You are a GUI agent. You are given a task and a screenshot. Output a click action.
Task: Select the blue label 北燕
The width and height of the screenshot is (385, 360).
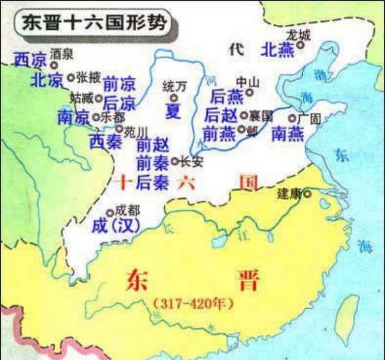click(278, 48)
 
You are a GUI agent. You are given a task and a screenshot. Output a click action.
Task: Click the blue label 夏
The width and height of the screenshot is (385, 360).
click(173, 112)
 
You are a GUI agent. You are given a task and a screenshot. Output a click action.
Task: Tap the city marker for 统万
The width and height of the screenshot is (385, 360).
click(173, 98)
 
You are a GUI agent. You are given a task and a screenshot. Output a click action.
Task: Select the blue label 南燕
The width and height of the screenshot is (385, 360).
click(287, 133)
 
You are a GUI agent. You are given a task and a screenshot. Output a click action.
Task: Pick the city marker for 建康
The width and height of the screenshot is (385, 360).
click(308, 193)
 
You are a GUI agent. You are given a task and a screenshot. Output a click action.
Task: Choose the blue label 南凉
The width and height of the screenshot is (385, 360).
click(74, 118)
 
